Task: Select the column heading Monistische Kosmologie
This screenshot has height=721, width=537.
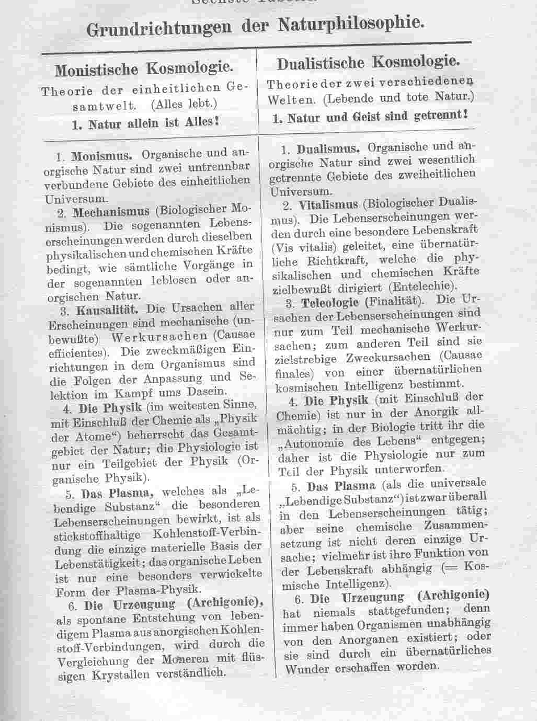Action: (x=144, y=69)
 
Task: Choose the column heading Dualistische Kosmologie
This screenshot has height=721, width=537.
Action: (x=368, y=63)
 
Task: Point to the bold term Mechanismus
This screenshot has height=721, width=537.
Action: (x=111, y=212)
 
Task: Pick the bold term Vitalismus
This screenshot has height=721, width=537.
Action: (x=328, y=204)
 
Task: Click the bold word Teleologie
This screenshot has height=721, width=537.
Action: (x=329, y=302)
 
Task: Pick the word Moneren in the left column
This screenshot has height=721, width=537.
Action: (x=184, y=659)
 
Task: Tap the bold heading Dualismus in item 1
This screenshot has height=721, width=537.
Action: (x=328, y=148)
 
